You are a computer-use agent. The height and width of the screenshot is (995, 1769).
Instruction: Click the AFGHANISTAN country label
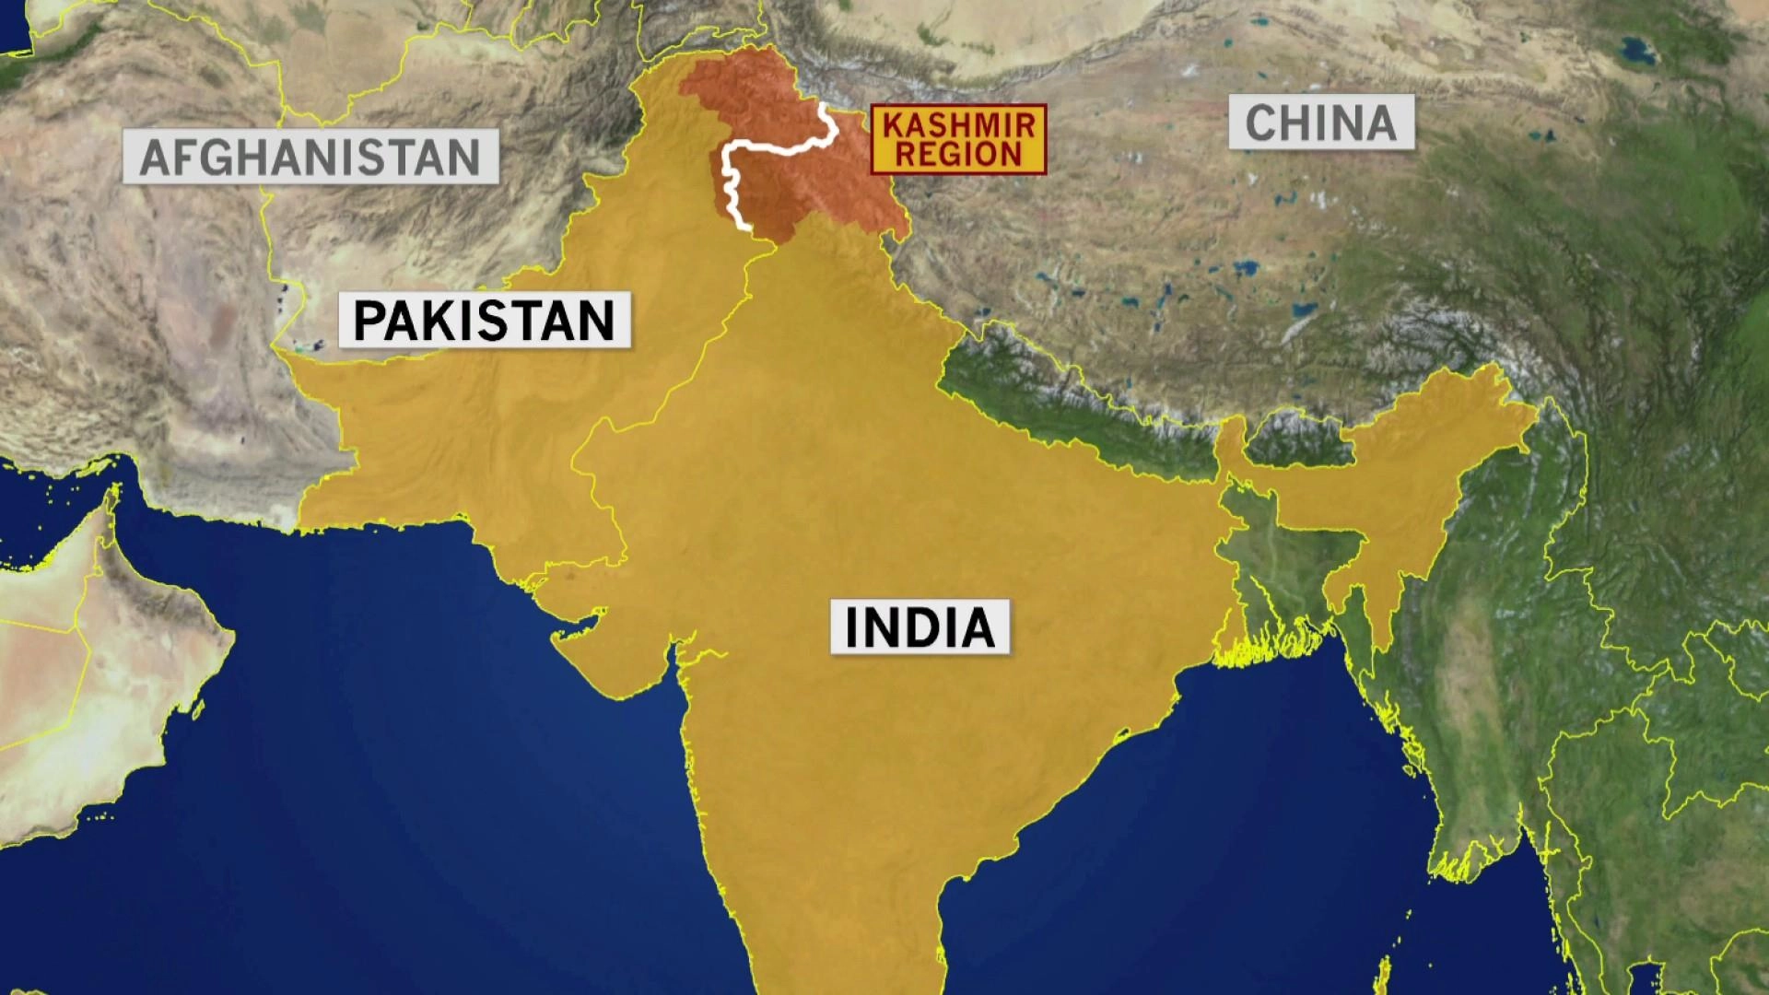click(x=310, y=157)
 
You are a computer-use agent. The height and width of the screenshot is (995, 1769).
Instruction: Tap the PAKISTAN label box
click(x=484, y=320)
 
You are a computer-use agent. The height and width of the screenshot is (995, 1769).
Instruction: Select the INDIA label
click(x=920, y=626)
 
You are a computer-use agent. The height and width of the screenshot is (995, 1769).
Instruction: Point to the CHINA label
click(x=1320, y=123)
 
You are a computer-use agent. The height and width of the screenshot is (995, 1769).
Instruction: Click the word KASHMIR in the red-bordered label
click(x=957, y=124)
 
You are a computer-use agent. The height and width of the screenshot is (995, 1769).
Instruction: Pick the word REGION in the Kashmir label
click(x=957, y=154)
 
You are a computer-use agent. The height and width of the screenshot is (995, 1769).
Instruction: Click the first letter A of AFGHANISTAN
click(x=155, y=158)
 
